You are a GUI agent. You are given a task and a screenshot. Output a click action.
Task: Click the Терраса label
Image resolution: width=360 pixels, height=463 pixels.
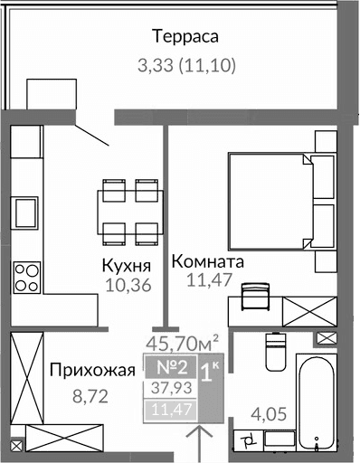point(186,37)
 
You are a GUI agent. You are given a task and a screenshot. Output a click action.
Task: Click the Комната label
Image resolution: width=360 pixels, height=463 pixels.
point(208,261)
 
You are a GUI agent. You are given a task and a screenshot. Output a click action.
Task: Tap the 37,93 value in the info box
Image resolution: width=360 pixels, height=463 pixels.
point(166,390)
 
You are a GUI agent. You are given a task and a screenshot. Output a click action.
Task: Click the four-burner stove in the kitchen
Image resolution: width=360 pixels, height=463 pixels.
point(27,276)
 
